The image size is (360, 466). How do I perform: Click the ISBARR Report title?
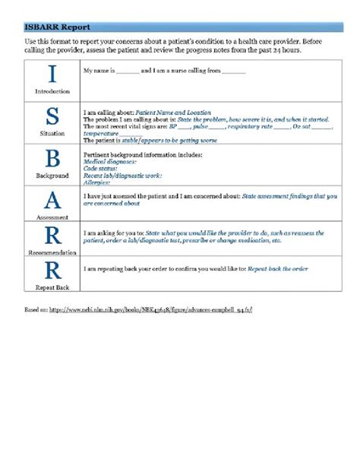tap(51, 26)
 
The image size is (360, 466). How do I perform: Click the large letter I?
tap(52, 74)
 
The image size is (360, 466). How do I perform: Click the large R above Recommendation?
tap(52, 235)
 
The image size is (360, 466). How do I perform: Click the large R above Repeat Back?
tap(52, 270)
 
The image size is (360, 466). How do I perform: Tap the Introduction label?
tap(52, 91)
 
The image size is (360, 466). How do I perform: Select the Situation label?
tap(52, 133)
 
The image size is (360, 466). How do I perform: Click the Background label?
tap(52, 176)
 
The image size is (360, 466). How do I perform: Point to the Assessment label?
tap(52, 217)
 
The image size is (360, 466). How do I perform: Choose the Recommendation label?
tap(52, 252)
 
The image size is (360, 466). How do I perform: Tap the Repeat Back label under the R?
tap(52, 288)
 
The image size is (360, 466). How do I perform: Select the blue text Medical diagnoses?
tap(109, 161)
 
